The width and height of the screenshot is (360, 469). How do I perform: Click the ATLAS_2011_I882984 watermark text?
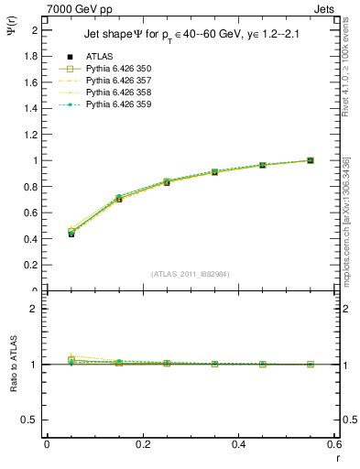click(x=191, y=274)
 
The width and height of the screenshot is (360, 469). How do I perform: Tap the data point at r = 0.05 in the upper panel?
click(x=71, y=234)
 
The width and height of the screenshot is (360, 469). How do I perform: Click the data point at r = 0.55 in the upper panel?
click(x=311, y=160)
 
